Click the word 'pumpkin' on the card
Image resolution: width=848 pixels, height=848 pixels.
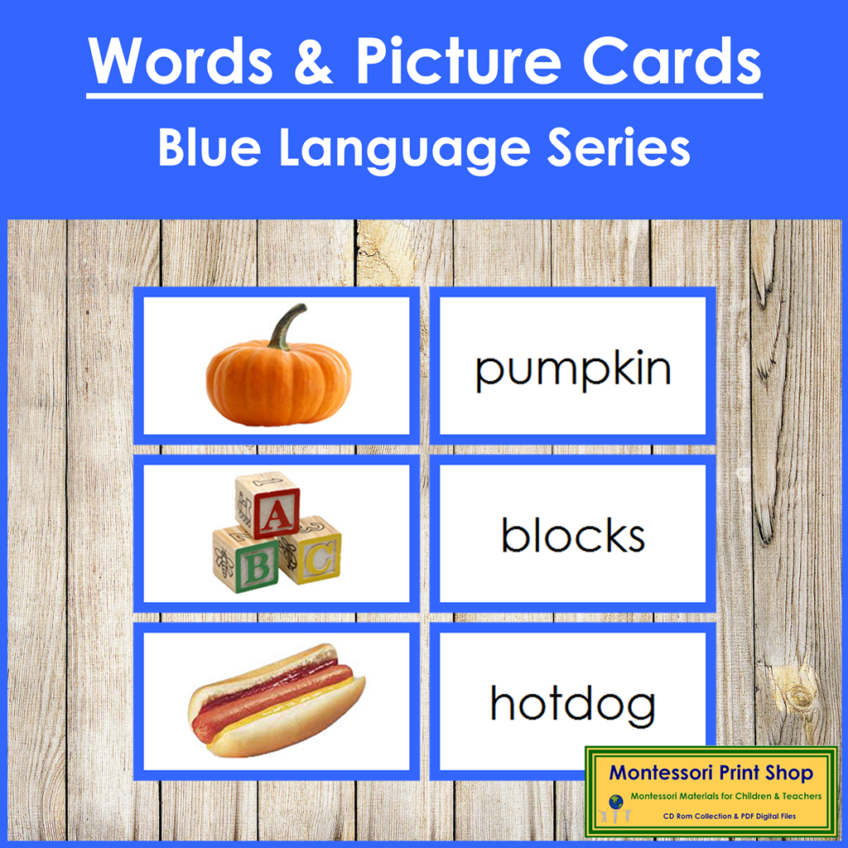[x=573, y=370]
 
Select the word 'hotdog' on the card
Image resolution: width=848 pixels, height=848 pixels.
[x=573, y=704]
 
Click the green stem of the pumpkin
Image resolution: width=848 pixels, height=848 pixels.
[x=286, y=326]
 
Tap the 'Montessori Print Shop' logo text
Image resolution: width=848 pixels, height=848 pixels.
[x=711, y=773]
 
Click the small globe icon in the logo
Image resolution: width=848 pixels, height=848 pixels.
[x=616, y=801]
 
